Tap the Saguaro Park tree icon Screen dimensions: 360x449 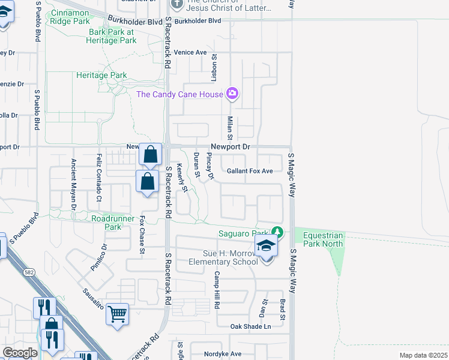(277, 232)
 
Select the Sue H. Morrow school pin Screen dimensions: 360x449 (265, 245)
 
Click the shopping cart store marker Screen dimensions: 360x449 (117, 314)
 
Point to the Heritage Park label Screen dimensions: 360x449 (101, 76)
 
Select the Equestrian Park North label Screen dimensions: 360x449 (323, 239)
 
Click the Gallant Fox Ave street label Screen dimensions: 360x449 (250, 171)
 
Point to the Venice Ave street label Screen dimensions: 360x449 (191, 52)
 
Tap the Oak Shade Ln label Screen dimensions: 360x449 (251, 326)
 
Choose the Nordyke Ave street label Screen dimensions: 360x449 (222, 354)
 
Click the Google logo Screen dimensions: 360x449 (20, 353)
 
